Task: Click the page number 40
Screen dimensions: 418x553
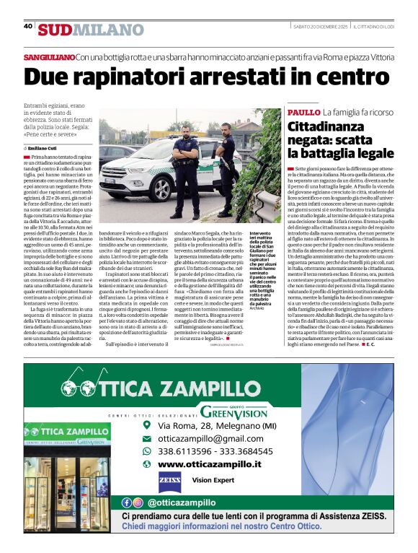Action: (x=28, y=27)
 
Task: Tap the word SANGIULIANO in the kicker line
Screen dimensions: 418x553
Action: (x=49, y=56)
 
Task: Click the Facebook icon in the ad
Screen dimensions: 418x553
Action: (x=127, y=502)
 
